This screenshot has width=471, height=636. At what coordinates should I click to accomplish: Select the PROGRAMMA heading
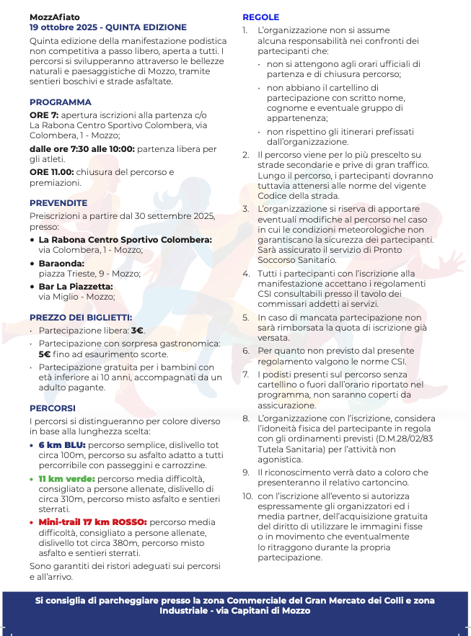coord(61,102)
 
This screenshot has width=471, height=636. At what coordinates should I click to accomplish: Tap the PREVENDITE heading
coord(58,203)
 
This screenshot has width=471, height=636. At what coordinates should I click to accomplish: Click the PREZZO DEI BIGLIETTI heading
coord(81,317)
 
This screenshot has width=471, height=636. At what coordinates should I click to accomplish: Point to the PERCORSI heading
coord(53,408)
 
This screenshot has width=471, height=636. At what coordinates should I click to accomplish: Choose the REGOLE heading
coord(260,17)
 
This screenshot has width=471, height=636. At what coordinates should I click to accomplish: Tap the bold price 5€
coord(45,354)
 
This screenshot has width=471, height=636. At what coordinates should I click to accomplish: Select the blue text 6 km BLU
coord(62,445)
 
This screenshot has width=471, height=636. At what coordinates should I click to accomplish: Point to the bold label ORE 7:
coord(43,115)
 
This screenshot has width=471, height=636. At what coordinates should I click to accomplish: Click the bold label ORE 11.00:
coord(51,172)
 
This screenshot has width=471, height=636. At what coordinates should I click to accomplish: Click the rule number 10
coord(247,496)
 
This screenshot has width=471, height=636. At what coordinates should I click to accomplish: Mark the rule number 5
coord(246,317)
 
